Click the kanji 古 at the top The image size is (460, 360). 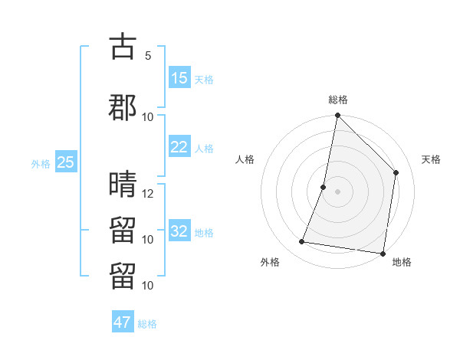click(x=123, y=47)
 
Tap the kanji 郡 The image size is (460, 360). click(x=123, y=107)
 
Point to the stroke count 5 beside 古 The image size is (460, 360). click(x=148, y=56)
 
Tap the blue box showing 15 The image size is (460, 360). click(x=179, y=78)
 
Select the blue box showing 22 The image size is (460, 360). click(x=179, y=147)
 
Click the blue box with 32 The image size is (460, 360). click(x=179, y=231)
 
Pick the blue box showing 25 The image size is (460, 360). click(x=66, y=162)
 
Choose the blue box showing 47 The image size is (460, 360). click(x=123, y=322)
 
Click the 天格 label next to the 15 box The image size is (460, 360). click(x=204, y=79)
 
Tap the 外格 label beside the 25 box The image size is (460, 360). click(x=41, y=163)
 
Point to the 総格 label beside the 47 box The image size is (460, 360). click(x=147, y=323)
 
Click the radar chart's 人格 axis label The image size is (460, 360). click(x=245, y=159)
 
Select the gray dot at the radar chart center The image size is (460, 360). click(x=337, y=191)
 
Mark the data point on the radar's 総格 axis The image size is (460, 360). click(x=337, y=116)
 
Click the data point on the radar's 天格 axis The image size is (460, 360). click(x=396, y=172)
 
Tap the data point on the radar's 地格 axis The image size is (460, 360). click(x=383, y=254)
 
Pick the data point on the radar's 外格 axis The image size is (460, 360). click(x=302, y=242)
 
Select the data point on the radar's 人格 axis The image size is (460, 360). click(x=324, y=187)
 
